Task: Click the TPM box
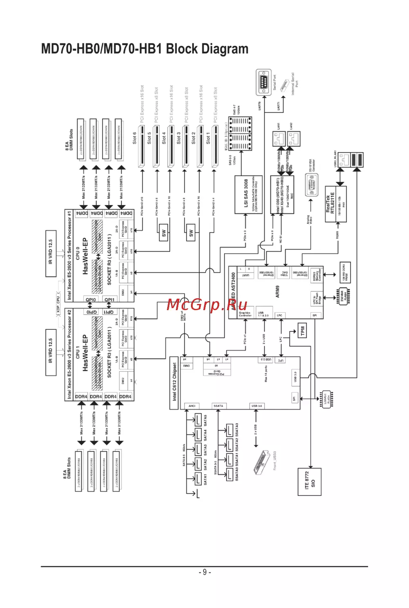coord(303,331)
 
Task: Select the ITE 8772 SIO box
coord(310,482)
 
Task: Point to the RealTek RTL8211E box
coord(335,204)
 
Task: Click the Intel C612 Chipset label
coord(174,383)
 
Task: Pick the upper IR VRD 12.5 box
coord(51,253)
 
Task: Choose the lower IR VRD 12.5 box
coord(51,352)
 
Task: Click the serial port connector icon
coord(263,83)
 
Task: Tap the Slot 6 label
coord(135,137)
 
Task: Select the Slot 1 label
coord(208,137)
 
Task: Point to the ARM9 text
coord(278,291)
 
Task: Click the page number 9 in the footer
coord(204,572)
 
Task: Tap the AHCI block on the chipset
coord(192,406)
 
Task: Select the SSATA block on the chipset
coord(218,406)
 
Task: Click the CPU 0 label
coord(78,252)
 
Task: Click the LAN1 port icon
coord(279,139)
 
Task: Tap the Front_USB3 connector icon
coord(260,462)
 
